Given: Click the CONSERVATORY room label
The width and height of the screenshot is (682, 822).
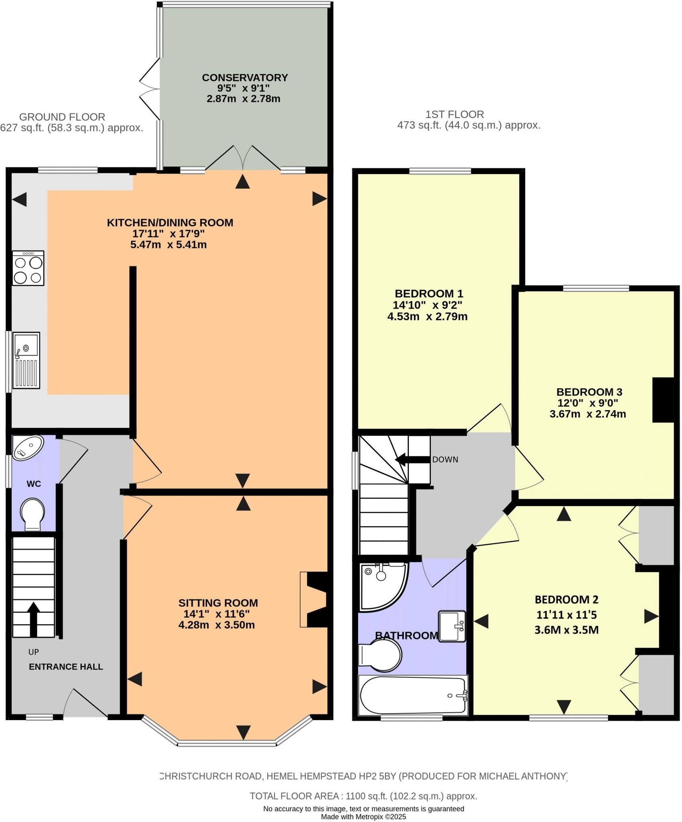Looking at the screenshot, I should (x=245, y=77).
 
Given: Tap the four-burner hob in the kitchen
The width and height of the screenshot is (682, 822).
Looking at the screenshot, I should (x=28, y=268).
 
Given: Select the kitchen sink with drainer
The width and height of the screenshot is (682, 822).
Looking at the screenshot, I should (x=26, y=360).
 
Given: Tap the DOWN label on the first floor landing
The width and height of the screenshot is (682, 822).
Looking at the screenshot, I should (x=445, y=460).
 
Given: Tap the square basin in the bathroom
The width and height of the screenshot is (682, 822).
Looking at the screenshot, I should (x=452, y=626).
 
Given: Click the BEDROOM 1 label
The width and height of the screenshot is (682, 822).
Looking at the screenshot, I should (x=428, y=293).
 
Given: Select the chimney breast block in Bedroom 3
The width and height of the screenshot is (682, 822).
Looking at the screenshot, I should (x=663, y=400).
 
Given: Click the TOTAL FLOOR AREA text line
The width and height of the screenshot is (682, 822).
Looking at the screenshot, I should (x=363, y=796).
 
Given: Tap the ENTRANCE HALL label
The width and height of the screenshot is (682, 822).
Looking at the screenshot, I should (x=66, y=667).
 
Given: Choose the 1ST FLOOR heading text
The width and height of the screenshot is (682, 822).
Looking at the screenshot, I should (x=454, y=114).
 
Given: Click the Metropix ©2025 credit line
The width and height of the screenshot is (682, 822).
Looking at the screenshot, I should (x=363, y=816).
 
